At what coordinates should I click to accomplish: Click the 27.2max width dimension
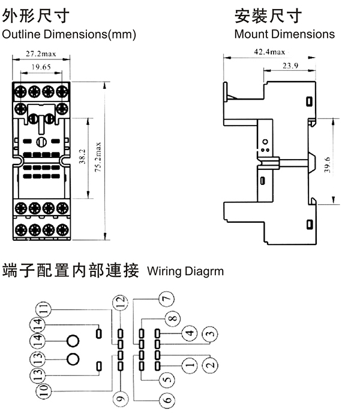pos(41,54)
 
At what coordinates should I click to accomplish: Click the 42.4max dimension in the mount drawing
pos(269,52)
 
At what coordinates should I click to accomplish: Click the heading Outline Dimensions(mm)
pos(69,34)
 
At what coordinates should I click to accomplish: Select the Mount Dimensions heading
pos(284,34)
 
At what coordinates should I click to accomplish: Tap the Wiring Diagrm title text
pos(185,271)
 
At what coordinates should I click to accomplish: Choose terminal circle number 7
pos(166,297)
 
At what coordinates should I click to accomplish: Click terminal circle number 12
pos(120,303)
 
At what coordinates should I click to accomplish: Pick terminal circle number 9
pos(120,398)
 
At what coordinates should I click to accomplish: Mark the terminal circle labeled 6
pos(166,399)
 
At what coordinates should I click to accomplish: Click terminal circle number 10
pos(43,390)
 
